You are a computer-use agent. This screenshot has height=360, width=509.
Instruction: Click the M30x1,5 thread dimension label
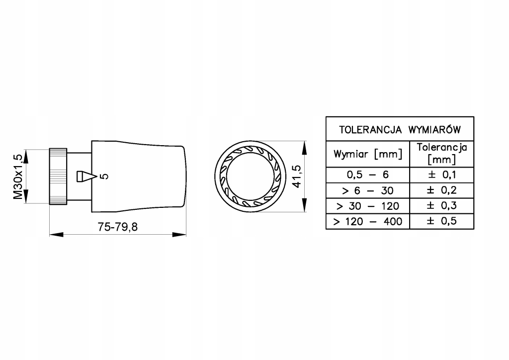pos(17,177)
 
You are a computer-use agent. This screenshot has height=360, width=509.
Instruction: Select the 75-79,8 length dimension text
pos(118,227)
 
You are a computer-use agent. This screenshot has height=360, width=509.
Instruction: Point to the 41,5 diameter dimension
pos(297,176)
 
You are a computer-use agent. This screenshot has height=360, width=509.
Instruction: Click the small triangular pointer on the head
pos(85,177)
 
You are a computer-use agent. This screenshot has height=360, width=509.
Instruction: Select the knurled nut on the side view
pos(58,176)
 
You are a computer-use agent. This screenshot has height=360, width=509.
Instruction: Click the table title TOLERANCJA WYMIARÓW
pos(400,129)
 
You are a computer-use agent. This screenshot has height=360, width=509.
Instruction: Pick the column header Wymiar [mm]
pos(368,154)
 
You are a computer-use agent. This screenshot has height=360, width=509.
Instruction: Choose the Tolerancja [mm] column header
pos(442,154)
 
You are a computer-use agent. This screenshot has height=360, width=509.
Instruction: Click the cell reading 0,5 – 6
pos(368,175)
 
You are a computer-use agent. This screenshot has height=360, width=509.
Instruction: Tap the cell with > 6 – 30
pos(368,190)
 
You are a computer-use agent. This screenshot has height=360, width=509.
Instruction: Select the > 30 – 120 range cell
pos(368,205)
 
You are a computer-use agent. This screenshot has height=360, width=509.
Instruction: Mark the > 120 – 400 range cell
pos(368,221)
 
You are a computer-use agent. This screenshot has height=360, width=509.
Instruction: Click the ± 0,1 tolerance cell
pos(442,175)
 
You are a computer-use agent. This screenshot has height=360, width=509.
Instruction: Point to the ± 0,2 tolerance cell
pos(442,190)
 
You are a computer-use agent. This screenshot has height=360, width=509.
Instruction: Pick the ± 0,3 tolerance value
pos(442,205)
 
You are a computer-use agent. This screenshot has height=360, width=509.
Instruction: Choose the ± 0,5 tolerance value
pos(442,221)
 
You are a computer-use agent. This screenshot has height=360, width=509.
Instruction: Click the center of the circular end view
pos(250,177)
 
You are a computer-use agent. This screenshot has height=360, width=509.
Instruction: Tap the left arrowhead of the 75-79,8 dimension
pos(54,234)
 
